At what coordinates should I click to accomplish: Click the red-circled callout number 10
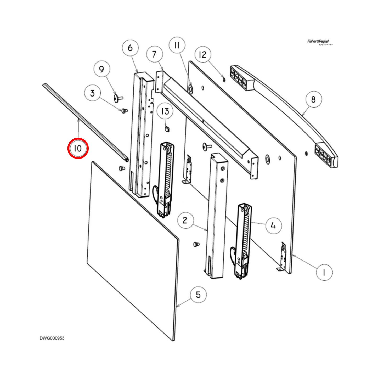tap(78, 148)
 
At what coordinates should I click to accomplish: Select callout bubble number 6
tap(130, 48)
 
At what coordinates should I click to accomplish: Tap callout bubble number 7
tap(154, 54)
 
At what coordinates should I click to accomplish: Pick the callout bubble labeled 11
tap(177, 45)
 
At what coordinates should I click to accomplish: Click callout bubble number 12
tap(202, 55)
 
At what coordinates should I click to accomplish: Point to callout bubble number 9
tap(101, 69)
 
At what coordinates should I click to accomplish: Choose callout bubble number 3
tap(92, 93)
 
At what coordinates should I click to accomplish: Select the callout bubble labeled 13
tap(165, 111)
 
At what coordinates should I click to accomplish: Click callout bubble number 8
tap(313, 99)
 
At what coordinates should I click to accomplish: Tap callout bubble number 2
tap(185, 220)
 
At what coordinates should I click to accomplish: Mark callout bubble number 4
tap(273, 225)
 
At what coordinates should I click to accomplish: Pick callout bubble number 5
tap(198, 295)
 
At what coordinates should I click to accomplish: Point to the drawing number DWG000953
tap(52, 338)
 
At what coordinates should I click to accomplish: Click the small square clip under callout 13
tap(167, 129)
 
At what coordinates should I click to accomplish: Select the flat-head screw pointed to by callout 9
tap(118, 98)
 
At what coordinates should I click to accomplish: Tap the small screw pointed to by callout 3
tap(124, 111)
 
